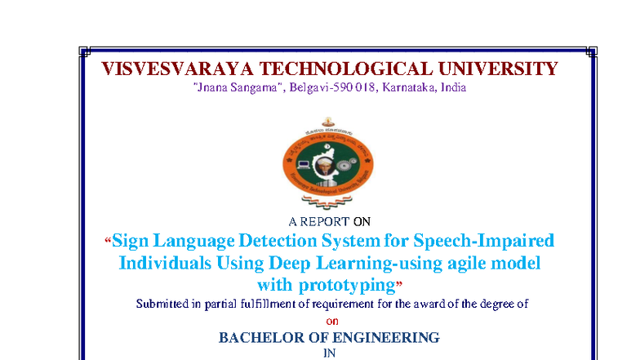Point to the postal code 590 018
350,87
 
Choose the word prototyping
344,285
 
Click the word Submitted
166,304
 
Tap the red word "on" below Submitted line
331,321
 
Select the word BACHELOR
261,337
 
